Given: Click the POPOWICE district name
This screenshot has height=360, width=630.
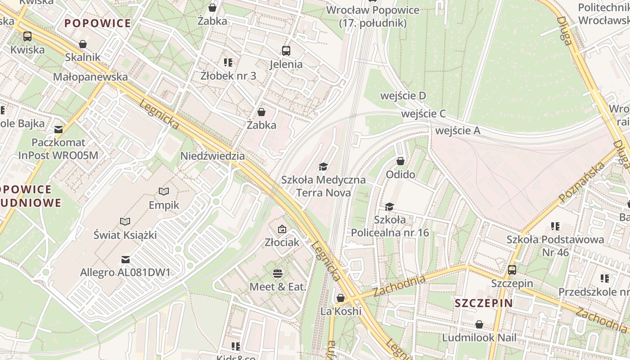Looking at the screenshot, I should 98,23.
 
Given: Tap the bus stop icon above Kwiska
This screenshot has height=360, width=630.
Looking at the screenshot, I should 27,36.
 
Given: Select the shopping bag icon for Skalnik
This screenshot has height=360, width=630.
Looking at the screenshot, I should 83,44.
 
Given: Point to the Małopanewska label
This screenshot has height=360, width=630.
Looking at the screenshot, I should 90,77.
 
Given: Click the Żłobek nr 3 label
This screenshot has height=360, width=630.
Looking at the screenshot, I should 228,76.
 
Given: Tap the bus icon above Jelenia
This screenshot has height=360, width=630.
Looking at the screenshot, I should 286,50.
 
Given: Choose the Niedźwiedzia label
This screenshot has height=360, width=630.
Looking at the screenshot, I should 212,156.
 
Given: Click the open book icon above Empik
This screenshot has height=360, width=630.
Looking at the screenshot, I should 164,192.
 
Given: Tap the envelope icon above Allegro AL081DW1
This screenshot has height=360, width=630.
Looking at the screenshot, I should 126,260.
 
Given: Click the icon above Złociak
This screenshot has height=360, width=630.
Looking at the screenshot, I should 282,229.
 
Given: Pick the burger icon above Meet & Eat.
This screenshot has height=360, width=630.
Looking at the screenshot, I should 278,273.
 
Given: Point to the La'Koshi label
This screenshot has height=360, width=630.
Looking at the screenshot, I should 341,311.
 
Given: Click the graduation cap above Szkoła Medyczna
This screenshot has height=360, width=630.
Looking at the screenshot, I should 323,167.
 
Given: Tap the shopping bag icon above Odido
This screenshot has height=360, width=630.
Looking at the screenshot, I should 400,161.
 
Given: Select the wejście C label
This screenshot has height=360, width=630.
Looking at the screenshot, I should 423,114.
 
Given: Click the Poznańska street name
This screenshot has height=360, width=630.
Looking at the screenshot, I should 582,182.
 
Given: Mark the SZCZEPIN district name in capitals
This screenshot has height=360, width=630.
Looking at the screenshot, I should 484,303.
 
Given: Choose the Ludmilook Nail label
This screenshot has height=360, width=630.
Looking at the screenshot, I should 480,337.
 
